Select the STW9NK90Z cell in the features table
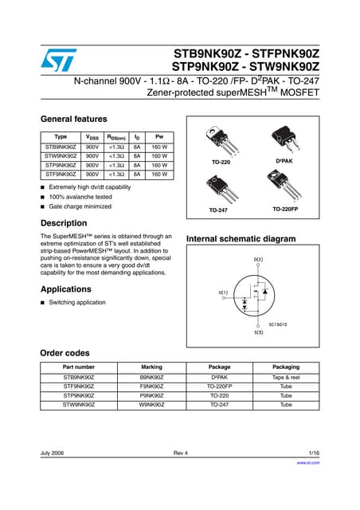[61, 157]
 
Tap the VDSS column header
[92, 137]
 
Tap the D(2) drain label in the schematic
[258, 260]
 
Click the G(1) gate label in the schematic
[223, 292]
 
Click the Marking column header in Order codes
[151, 367]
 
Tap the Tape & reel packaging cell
[286, 376]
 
